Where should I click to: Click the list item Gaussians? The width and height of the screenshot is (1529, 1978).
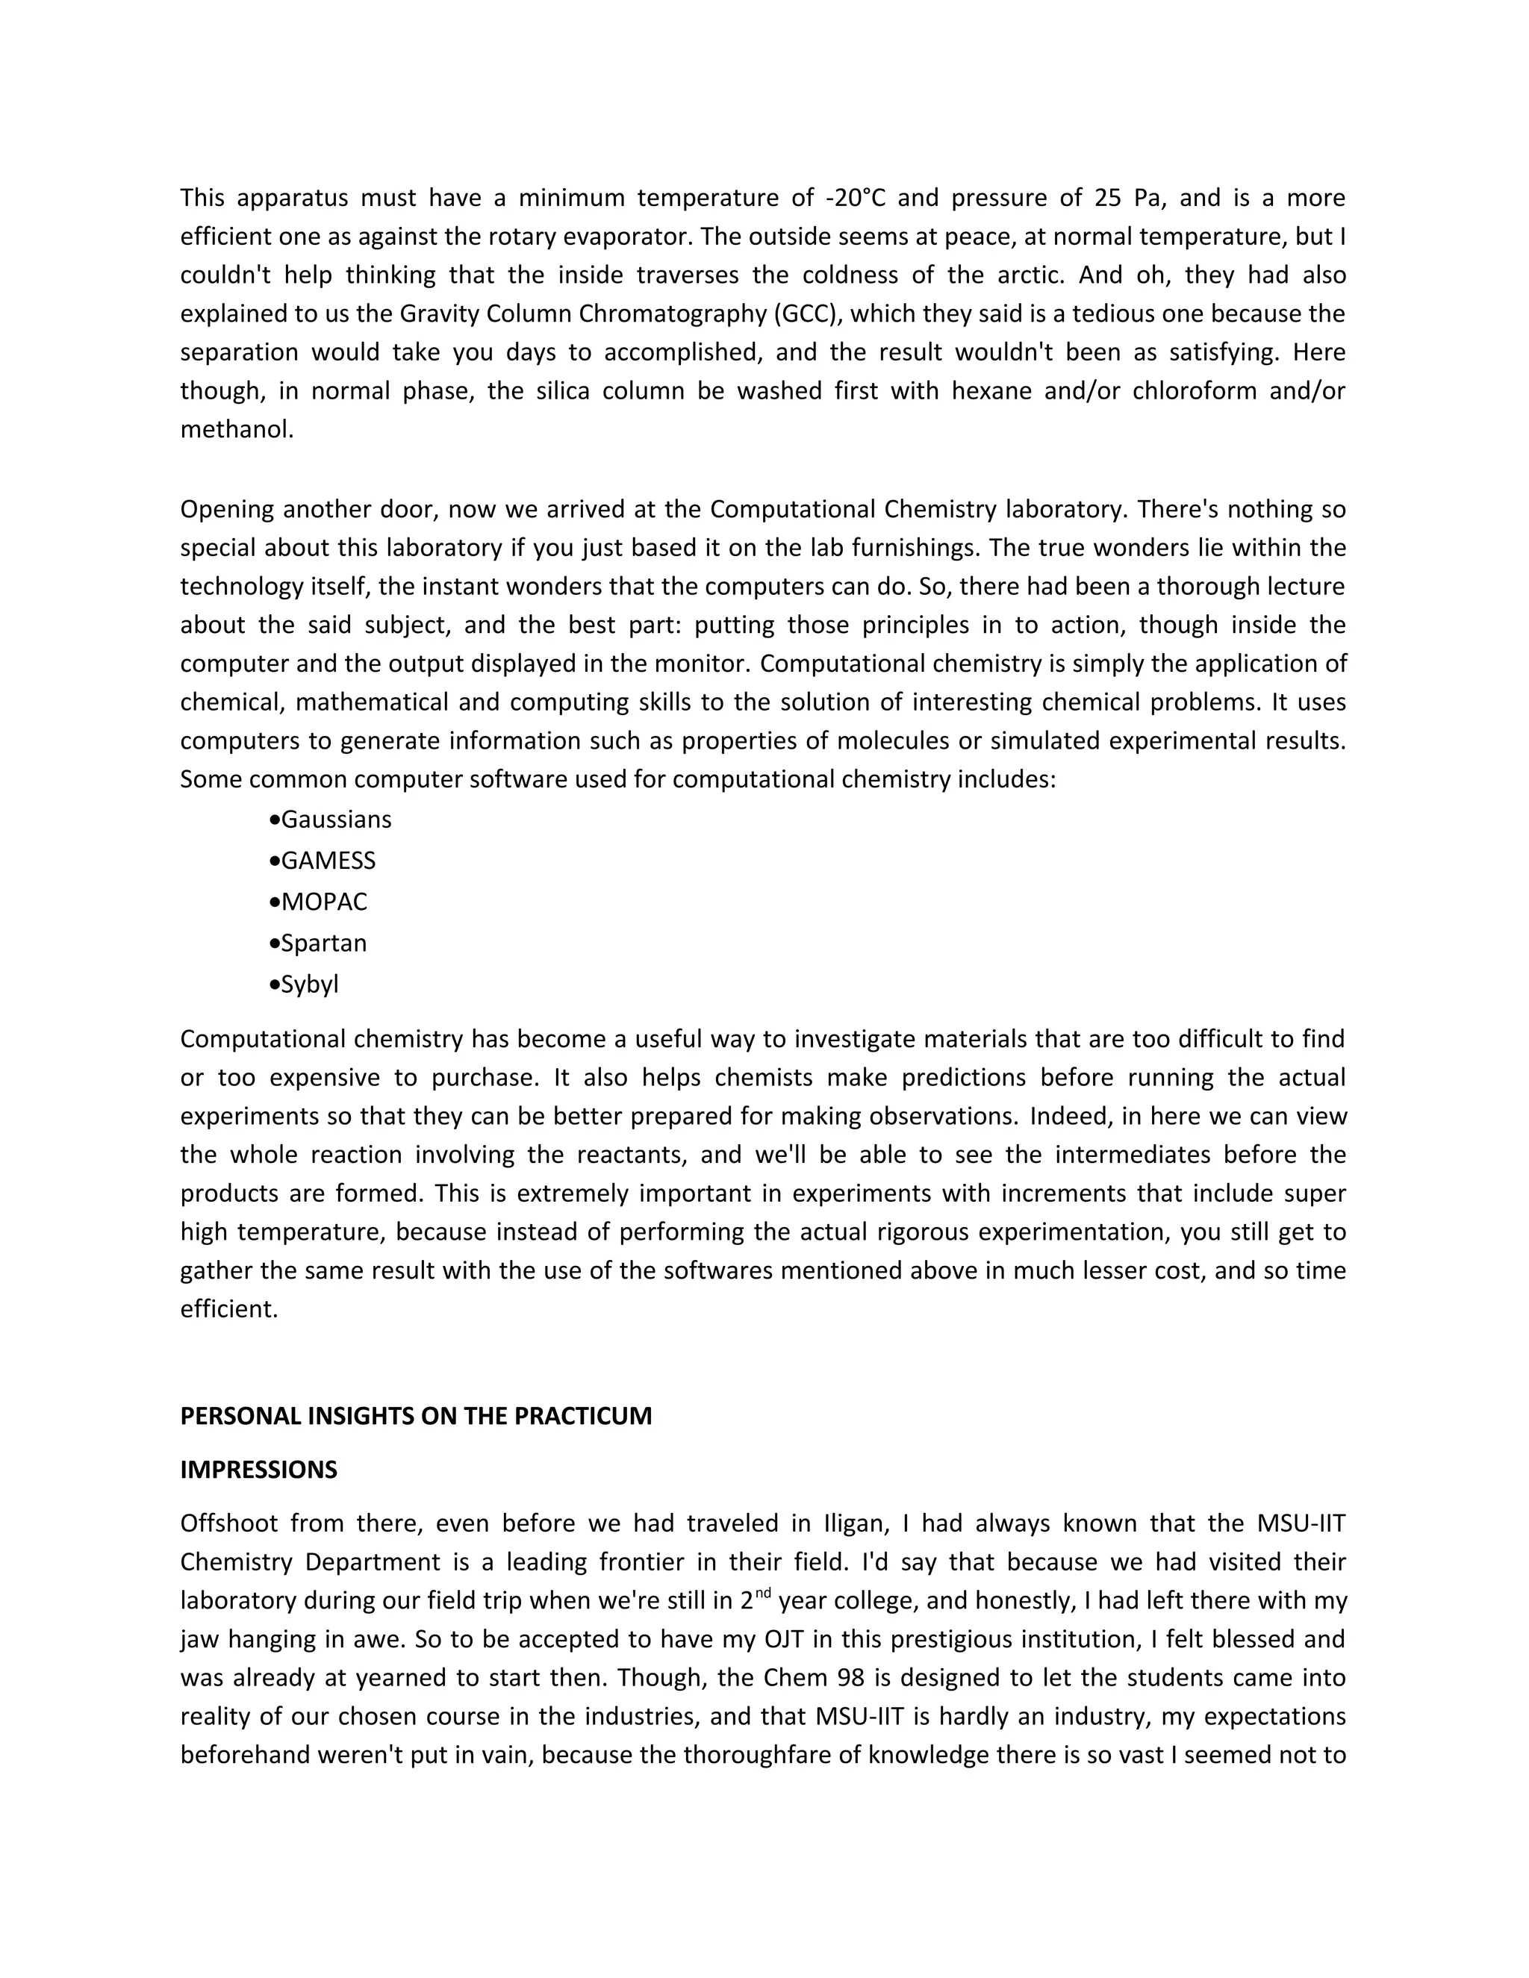pyautogui.click(x=336, y=820)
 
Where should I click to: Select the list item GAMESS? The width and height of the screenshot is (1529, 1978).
pyautogui.click(x=328, y=861)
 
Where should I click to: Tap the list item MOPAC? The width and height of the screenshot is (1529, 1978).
pyautogui.click(x=324, y=902)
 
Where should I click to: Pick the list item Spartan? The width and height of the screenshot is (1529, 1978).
pyautogui.click(x=323, y=943)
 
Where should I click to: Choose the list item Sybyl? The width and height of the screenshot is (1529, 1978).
pyautogui.click(x=310, y=985)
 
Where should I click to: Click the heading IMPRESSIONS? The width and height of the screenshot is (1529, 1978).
pyautogui.click(x=258, y=1469)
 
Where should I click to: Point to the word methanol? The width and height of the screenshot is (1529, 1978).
pyautogui.click(x=237, y=429)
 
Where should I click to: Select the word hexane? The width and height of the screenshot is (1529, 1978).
pyautogui.click(x=983, y=391)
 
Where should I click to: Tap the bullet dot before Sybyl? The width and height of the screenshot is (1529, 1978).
pyautogui.click(x=275, y=985)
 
